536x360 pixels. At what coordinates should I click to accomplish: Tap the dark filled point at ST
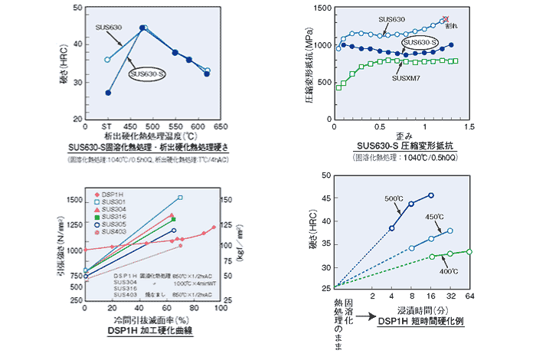[108, 93]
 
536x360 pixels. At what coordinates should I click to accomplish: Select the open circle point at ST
[108, 60]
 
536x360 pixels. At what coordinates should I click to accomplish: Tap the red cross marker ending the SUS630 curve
[446, 19]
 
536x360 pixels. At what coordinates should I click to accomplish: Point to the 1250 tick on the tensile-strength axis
[70, 224]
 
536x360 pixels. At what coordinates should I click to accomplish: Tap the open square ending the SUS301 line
[181, 198]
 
